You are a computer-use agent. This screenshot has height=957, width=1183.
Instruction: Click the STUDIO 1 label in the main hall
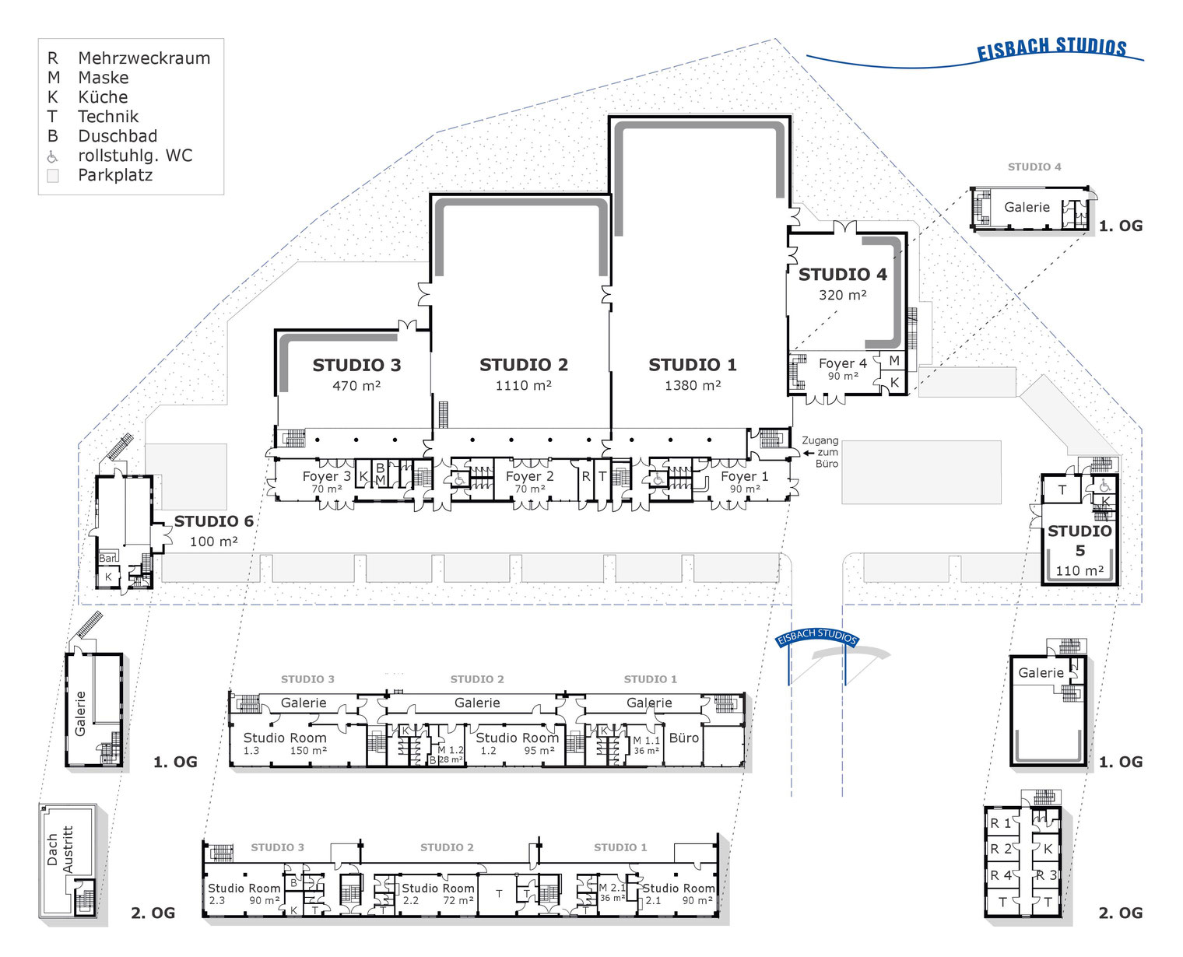[692, 365]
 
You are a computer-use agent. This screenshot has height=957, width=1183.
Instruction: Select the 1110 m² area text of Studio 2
[523, 386]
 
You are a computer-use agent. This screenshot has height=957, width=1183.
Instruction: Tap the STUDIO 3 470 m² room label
[356, 373]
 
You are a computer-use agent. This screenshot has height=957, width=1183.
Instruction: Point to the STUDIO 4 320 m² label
[842, 283]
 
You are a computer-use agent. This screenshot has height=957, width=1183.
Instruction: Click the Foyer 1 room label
[744, 476]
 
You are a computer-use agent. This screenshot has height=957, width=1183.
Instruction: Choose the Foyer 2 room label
[529, 476]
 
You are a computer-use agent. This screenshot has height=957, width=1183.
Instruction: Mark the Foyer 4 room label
[842, 363]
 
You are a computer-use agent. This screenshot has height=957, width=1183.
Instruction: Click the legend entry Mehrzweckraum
[144, 58]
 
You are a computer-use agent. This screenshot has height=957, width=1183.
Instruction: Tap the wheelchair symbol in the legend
[53, 156]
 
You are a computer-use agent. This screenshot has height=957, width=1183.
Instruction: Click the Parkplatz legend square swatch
[53, 176]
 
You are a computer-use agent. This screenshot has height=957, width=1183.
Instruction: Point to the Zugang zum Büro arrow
[809, 452]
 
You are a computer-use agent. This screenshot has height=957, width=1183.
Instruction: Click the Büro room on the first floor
[684, 738]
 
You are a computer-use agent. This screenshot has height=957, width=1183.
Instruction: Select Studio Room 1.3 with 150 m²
[285, 743]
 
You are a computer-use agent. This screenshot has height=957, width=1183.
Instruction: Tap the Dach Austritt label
[60, 850]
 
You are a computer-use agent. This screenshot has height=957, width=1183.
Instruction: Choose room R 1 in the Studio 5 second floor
[1000, 823]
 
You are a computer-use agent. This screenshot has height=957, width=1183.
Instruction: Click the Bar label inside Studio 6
[107, 558]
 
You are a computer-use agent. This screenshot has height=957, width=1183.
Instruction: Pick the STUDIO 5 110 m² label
[1079, 550]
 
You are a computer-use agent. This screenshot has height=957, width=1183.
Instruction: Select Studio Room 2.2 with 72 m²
[437, 894]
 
